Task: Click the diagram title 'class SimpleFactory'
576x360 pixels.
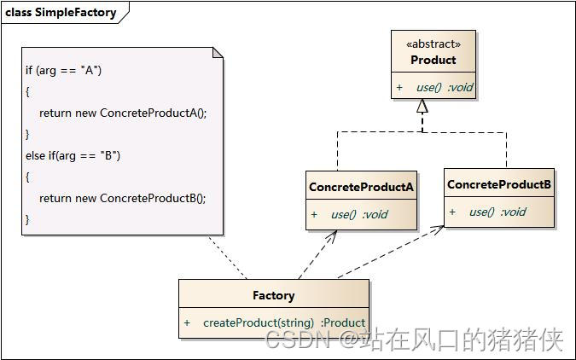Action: pyautogui.click(x=58, y=13)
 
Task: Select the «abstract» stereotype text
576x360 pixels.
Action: pyautogui.click(x=434, y=44)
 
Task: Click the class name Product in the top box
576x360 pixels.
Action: pyautogui.click(x=433, y=60)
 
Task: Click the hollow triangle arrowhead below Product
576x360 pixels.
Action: pyautogui.click(x=422, y=107)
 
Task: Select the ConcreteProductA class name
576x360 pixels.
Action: pyautogui.click(x=361, y=187)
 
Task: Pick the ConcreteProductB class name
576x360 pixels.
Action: pyautogui.click(x=499, y=184)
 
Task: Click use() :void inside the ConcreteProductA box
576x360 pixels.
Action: pyautogui.click(x=358, y=214)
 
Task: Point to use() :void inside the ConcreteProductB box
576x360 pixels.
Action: pyautogui.click(x=497, y=212)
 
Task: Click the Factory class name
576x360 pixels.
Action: pyautogui.click(x=273, y=295)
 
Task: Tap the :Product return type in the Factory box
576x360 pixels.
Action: pyautogui.click(x=343, y=322)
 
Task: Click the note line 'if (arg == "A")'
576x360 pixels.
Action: pyautogui.click(x=63, y=70)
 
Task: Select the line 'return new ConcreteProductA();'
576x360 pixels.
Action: pyautogui.click(x=123, y=113)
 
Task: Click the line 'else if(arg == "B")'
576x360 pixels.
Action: pyautogui.click(x=73, y=154)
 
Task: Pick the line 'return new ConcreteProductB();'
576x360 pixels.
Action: pyautogui.click(x=123, y=197)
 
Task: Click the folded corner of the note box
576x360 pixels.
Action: pyautogui.click(x=218, y=53)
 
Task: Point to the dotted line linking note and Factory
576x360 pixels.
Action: pyautogui.click(x=228, y=257)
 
